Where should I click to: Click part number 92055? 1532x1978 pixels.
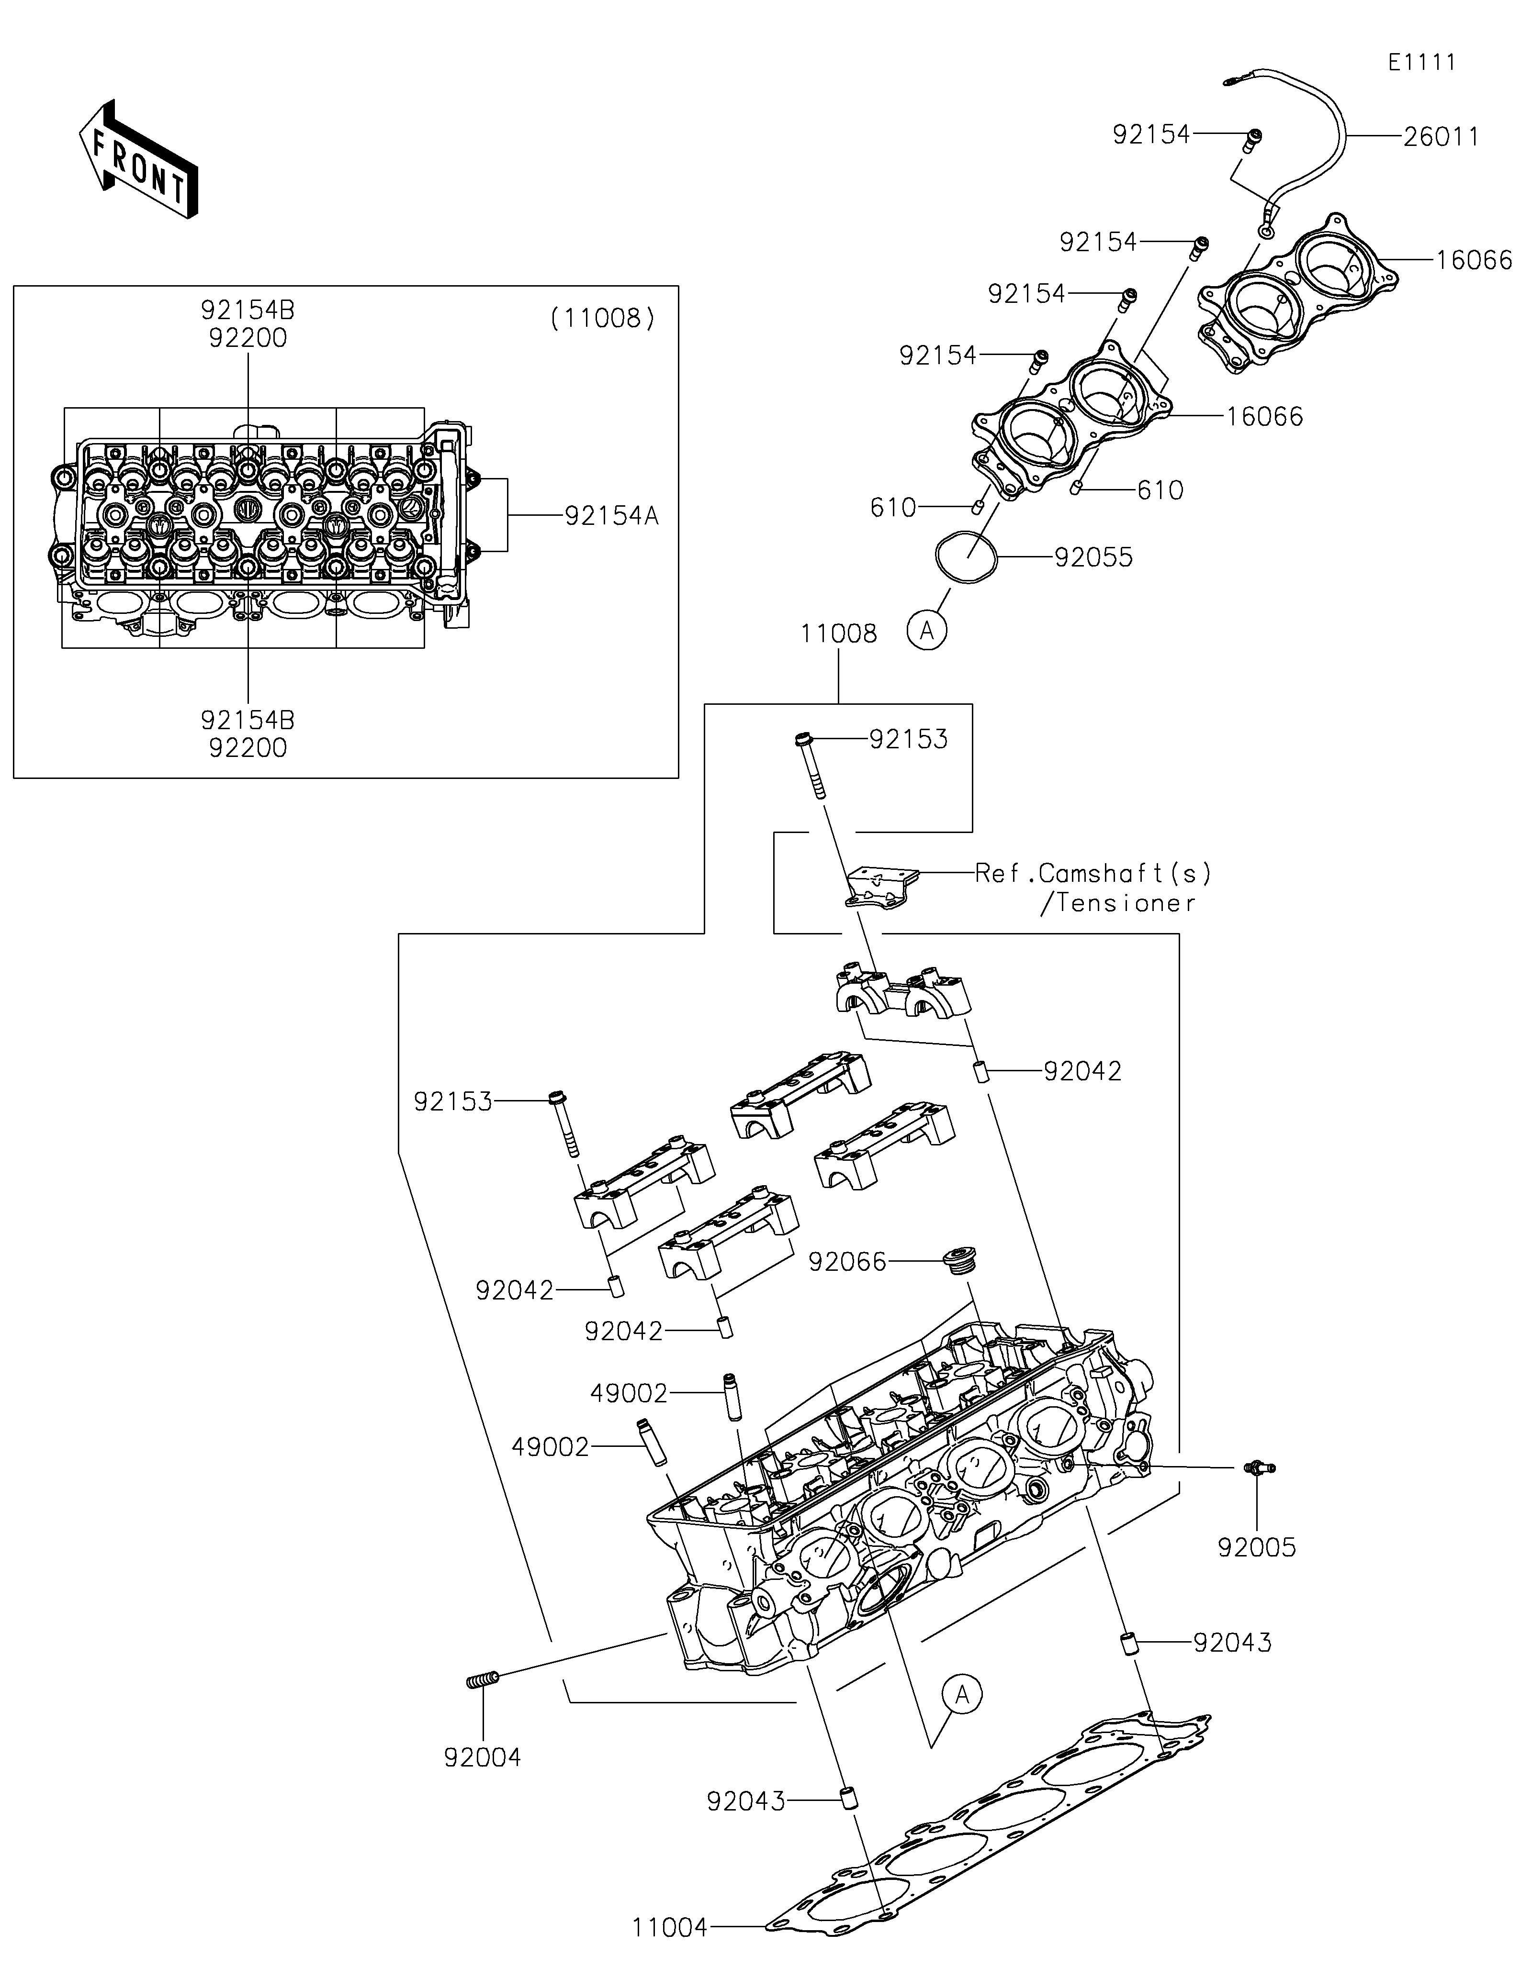tap(1093, 557)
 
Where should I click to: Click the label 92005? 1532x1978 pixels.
tap(1257, 1548)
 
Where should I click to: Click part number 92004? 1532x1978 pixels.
tap(483, 1758)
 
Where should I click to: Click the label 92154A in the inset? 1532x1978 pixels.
tap(611, 516)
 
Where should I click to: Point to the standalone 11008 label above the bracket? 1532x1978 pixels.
tap(839, 634)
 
